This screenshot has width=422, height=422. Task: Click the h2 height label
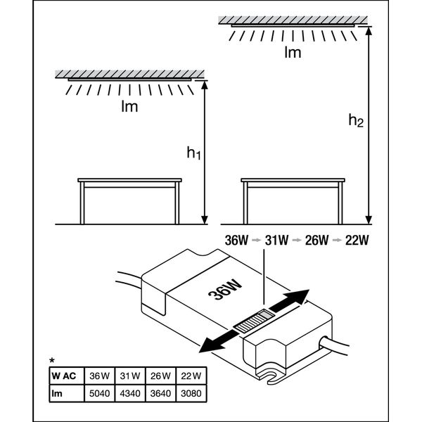[357, 120]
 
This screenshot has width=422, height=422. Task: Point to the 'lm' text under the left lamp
[129, 108]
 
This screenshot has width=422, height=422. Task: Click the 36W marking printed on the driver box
[219, 288]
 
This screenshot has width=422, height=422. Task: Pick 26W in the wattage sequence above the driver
[317, 239]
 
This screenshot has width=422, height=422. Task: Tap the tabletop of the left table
[130, 180]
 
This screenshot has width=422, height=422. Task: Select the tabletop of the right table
[293, 180]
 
